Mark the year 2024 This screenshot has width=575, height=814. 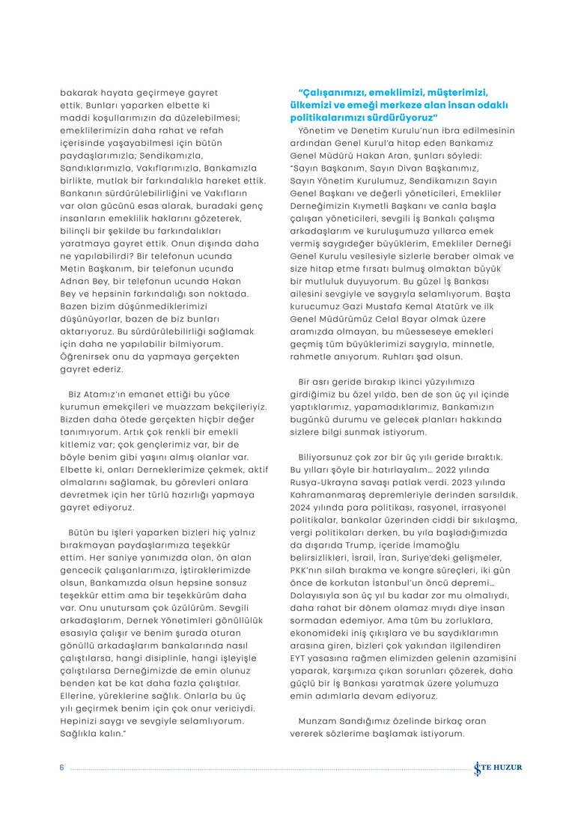point(302,508)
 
